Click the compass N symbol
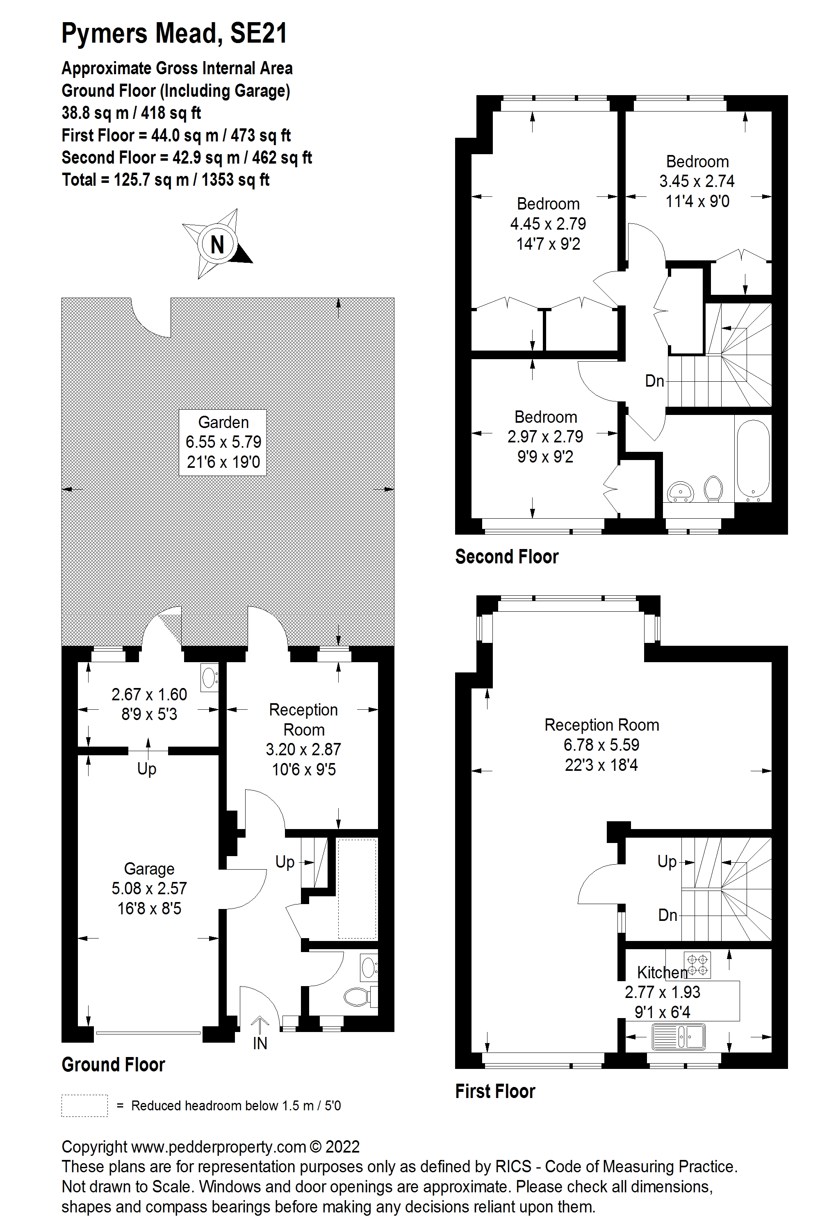[x=217, y=244]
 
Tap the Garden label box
[x=223, y=442]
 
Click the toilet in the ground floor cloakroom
[x=360, y=997]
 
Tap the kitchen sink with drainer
[x=678, y=1036]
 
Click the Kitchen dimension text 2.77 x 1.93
[x=662, y=992]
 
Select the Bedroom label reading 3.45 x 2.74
[x=697, y=181]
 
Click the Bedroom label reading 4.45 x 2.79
[x=548, y=223]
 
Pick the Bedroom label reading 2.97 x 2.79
[x=545, y=437]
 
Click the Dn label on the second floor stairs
[x=654, y=381]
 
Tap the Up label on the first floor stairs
[x=667, y=861]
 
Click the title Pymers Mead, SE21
[x=174, y=34]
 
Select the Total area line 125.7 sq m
[x=165, y=180]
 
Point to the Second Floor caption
[x=507, y=556]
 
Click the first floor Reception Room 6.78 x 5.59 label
[x=601, y=745]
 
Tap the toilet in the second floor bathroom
[x=713, y=488]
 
